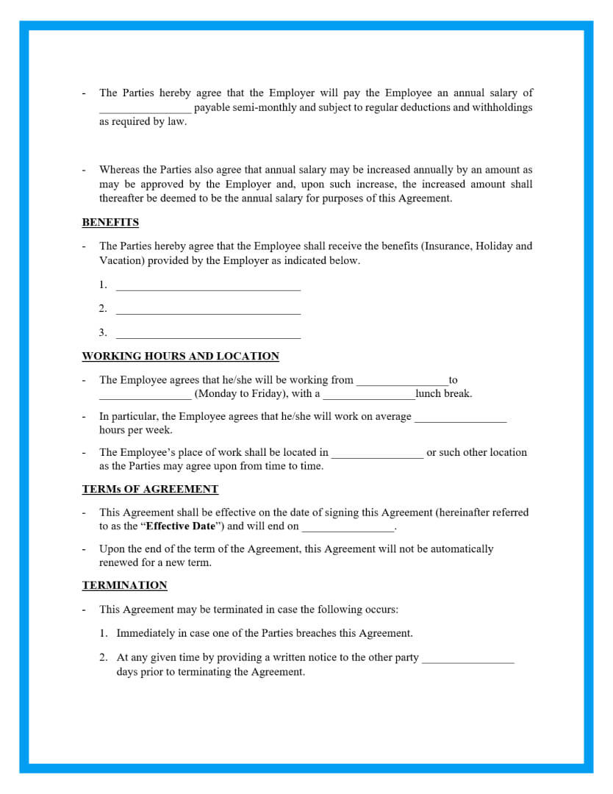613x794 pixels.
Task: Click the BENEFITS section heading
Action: (x=110, y=222)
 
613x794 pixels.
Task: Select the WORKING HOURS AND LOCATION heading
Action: (x=180, y=356)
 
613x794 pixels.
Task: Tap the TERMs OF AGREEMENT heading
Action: (x=150, y=489)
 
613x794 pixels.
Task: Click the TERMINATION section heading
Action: (x=124, y=585)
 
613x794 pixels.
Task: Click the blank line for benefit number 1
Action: (x=208, y=286)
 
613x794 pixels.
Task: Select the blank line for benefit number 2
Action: (x=208, y=310)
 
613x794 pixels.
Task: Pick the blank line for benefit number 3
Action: (x=208, y=334)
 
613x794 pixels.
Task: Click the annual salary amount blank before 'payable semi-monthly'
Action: (x=146, y=109)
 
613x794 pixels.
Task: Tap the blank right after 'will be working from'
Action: (x=402, y=382)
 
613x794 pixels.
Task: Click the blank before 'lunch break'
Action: (x=369, y=395)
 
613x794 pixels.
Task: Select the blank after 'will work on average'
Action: (x=460, y=418)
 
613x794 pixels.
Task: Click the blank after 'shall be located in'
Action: (x=376, y=454)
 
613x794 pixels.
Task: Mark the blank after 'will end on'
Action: (x=348, y=527)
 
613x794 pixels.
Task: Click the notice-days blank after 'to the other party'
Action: (x=467, y=659)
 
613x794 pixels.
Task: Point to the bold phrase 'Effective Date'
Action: (x=181, y=526)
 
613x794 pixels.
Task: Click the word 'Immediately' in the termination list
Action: (x=145, y=633)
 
